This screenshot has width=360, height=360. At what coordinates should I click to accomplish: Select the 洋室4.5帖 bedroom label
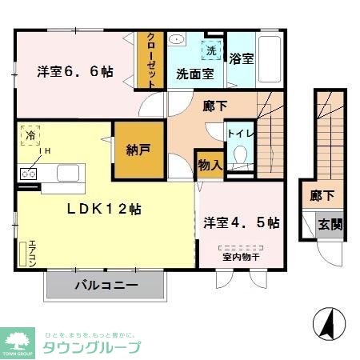pyautogui.click(x=240, y=222)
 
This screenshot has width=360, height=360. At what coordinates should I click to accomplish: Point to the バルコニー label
pyautogui.click(x=106, y=285)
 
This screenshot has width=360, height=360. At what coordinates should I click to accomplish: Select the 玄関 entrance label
pyautogui.click(x=328, y=224)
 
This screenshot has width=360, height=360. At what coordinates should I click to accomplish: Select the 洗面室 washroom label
pyautogui.click(x=194, y=74)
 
